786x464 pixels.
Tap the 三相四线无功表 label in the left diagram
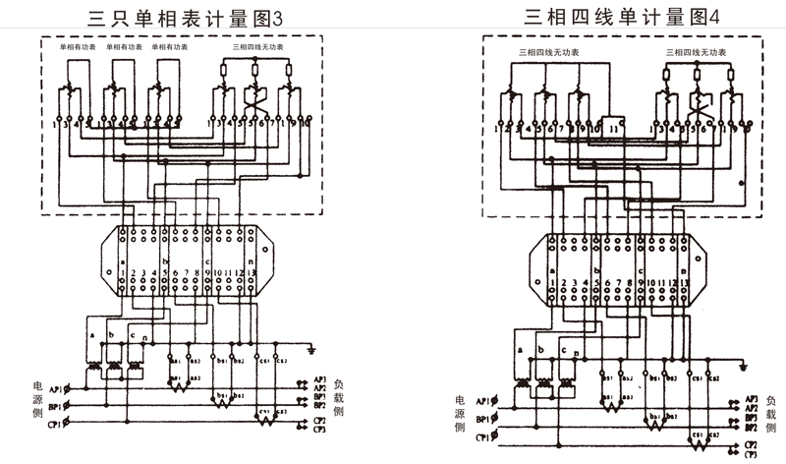pyautogui.click(x=254, y=46)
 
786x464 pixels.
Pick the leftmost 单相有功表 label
pyautogui.click(x=76, y=46)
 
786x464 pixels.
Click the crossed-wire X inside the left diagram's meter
pyautogui.click(x=253, y=103)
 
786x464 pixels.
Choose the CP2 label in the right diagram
pyautogui.click(x=750, y=445)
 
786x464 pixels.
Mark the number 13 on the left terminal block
pyautogui.click(x=253, y=272)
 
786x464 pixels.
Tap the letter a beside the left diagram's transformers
pyautogui.click(x=90, y=334)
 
